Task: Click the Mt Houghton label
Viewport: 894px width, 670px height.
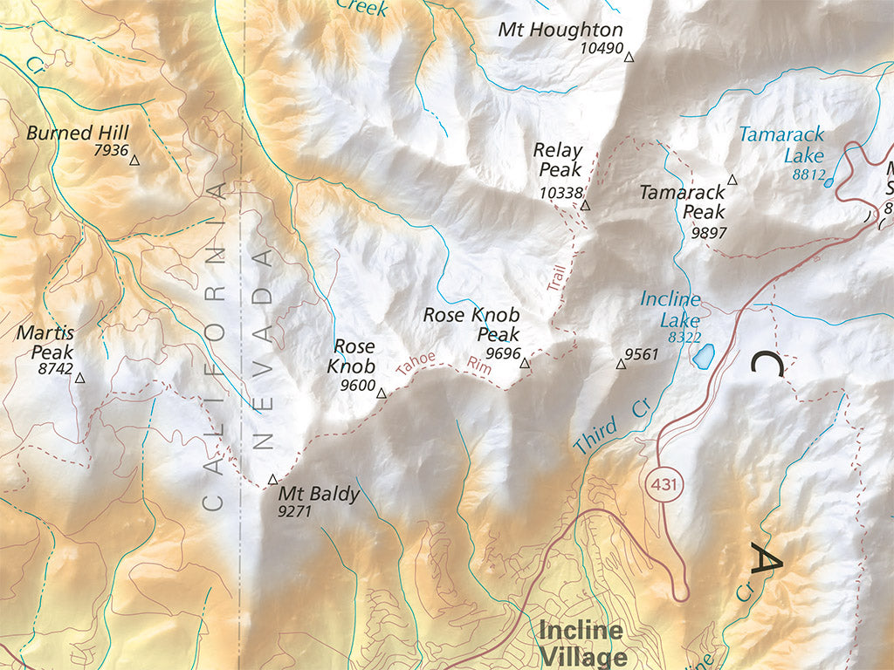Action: click(560, 30)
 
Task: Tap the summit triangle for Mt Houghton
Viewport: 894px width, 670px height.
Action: click(629, 58)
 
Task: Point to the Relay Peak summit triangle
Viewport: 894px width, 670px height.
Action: click(585, 206)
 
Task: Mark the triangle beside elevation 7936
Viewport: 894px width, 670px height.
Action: click(134, 159)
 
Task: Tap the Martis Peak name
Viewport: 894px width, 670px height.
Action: click(45, 343)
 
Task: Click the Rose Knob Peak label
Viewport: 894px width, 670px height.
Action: click(471, 325)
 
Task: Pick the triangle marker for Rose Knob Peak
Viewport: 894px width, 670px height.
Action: click(525, 363)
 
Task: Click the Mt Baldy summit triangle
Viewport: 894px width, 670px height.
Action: click(272, 479)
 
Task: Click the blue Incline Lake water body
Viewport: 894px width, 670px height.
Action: click(703, 355)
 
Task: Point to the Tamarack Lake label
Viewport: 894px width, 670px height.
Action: click(781, 146)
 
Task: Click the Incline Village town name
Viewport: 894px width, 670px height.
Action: click(581, 643)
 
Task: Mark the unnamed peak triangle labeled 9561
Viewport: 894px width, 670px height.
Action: click(621, 364)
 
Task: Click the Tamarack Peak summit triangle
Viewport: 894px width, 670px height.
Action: click(732, 181)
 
